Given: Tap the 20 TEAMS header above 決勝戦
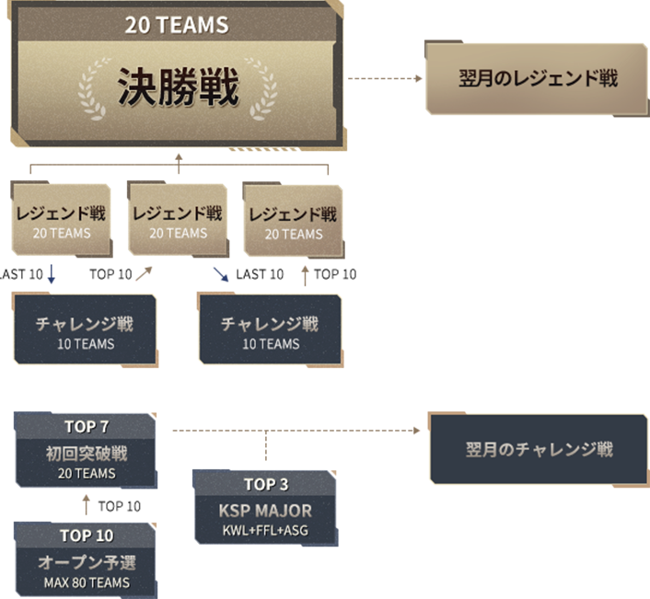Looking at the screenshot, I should (x=177, y=25).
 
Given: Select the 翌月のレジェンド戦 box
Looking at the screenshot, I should (x=538, y=78).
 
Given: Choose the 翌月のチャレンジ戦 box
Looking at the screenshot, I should (x=539, y=449).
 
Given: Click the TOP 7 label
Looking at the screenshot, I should (x=87, y=426).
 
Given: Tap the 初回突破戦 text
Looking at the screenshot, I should (x=87, y=453).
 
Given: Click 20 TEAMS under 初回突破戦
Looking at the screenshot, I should (x=87, y=473).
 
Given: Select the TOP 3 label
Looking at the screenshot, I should (x=266, y=484).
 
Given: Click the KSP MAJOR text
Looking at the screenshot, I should (x=265, y=510).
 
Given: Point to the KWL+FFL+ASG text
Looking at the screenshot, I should (x=265, y=530).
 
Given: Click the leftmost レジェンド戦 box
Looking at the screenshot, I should (x=62, y=221).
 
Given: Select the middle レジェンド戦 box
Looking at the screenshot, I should (x=178, y=221).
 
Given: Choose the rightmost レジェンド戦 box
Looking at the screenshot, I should (x=293, y=222).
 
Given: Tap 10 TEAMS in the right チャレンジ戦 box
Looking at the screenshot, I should (x=271, y=344).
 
